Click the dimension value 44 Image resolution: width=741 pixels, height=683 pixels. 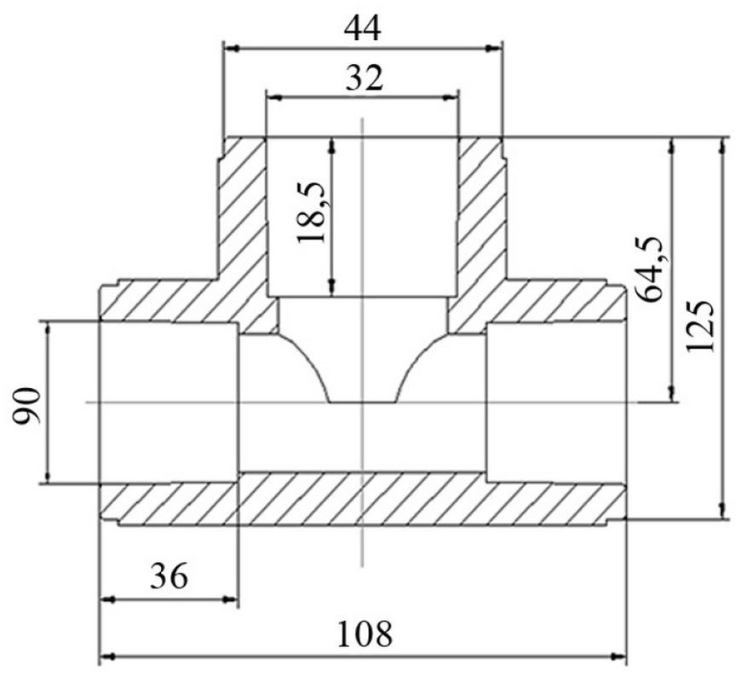(x=362, y=29)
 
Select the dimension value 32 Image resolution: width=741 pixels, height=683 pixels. (x=363, y=78)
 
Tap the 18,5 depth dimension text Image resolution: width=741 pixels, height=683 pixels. (x=312, y=212)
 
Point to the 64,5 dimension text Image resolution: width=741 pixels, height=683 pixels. (x=650, y=269)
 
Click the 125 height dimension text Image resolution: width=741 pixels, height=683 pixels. (x=700, y=326)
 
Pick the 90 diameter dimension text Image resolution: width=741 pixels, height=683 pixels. (x=27, y=405)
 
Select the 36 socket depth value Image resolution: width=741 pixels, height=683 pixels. (x=169, y=576)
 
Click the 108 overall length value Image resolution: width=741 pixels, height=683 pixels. (x=365, y=634)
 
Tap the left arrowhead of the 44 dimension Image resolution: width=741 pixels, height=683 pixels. (x=230, y=48)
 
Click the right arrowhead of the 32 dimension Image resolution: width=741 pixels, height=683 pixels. (x=451, y=98)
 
